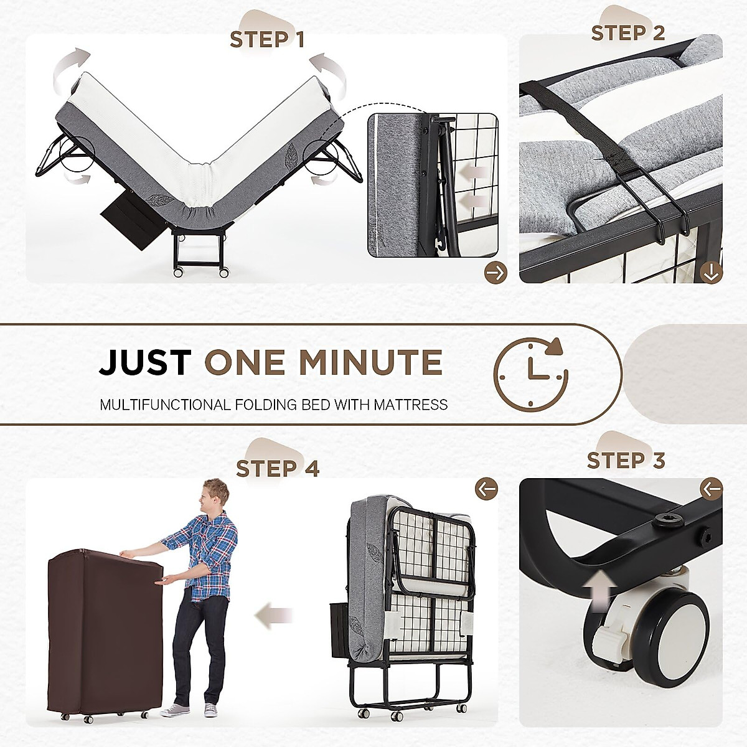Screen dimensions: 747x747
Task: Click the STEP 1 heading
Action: tap(267, 40)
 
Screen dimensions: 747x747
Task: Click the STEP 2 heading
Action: tap(627, 33)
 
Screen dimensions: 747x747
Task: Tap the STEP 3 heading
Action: tap(626, 461)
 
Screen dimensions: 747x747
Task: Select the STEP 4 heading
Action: tap(278, 468)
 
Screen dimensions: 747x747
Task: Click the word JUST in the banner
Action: tap(146, 363)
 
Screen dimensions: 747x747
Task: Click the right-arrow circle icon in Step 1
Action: tap(496, 272)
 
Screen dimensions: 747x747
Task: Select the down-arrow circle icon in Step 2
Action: tap(711, 272)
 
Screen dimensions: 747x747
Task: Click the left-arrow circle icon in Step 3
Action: tap(711, 489)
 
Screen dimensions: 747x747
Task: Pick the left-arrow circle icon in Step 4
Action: tap(486, 489)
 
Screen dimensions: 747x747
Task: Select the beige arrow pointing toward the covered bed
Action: tap(274, 616)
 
